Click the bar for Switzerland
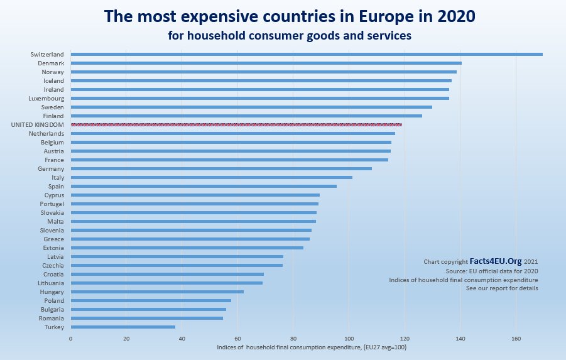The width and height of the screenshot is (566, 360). [x=306, y=55]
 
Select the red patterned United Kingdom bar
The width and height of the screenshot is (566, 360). [x=236, y=125]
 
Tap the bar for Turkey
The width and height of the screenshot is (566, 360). [x=122, y=327]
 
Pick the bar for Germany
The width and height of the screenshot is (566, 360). [x=220, y=169]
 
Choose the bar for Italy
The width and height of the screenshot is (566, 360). [x=211, y=178]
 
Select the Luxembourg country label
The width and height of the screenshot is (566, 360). [x=46, y=99]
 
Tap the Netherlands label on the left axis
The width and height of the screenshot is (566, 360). [x=46, y=134]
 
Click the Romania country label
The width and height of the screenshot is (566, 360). [x=51, y=319]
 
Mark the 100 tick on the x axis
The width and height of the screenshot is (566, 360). [x=349, y=339]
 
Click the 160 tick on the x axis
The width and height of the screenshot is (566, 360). [x=516, y=339]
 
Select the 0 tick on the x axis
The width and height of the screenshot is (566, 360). [x=70, y=339]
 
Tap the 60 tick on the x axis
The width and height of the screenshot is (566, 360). [x=237, y=339]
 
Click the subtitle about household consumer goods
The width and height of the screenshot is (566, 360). [x=290, y=36]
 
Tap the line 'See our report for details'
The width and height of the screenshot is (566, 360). [x=502, y=288]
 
